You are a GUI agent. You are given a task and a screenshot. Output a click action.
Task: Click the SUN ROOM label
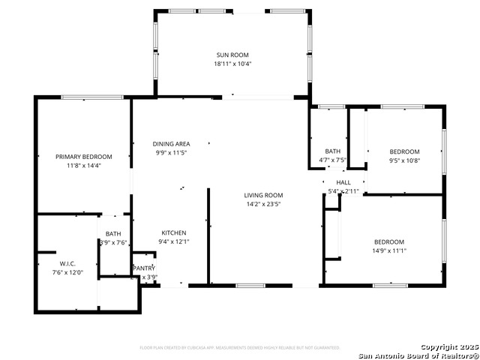coord(232,55)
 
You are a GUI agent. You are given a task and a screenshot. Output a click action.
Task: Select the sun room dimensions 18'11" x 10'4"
coord(232,64)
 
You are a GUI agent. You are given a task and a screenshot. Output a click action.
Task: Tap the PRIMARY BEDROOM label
coord(84,157)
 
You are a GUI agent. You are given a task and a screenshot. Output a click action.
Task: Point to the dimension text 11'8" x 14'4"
coord(84,166)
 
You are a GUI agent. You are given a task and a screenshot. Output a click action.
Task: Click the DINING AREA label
coord(171,144)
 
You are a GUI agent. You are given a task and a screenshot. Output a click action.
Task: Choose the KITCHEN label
coord(174,232)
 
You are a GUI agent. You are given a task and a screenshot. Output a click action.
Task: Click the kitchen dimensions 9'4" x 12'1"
coord(174,241)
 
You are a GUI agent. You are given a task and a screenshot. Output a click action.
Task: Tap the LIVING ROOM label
coord(263,195)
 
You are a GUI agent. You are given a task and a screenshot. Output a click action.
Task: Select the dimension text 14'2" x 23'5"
coord(263,204)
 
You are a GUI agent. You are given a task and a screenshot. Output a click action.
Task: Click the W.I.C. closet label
coord(67,264)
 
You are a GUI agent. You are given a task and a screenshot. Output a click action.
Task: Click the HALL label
coord(343,182)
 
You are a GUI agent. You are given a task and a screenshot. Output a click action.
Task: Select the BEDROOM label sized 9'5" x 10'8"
coord(404,151)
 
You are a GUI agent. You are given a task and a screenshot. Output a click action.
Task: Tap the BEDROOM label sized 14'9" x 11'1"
coord(389,241)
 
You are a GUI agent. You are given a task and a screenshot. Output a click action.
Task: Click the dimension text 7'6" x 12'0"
coord(67,273)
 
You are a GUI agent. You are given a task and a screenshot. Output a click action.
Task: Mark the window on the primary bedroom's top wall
coord(92,97)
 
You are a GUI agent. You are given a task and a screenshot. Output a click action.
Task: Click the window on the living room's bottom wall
coord(250,286)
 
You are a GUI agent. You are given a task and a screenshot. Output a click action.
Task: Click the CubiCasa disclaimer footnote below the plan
coord(240,347)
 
